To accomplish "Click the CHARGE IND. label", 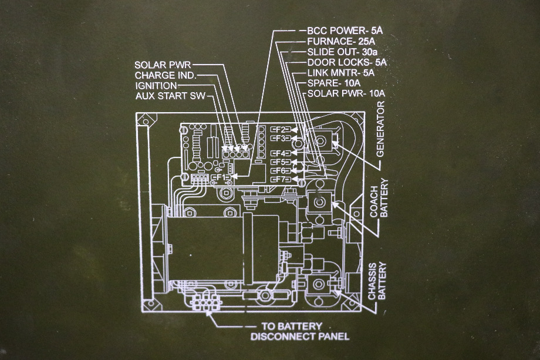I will (165, 75).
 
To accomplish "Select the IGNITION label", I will (156, 86).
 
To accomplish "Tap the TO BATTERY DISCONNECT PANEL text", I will (299, 331).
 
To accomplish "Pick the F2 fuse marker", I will (279, 129).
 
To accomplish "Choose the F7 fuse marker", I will (279, 179).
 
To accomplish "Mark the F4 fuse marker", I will (279, 154).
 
